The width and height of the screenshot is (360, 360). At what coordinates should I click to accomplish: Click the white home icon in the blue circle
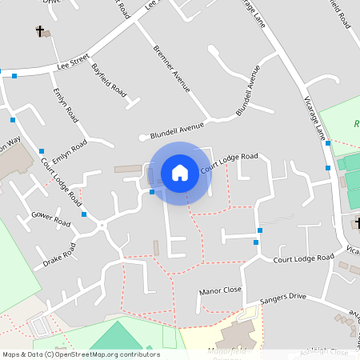180,172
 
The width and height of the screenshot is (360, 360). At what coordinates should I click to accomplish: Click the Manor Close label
220,291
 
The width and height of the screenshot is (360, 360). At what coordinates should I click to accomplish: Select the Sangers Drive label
286,297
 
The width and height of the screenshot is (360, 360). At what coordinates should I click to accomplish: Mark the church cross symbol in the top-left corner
39,31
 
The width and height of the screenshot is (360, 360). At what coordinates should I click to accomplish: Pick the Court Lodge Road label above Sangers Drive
302,258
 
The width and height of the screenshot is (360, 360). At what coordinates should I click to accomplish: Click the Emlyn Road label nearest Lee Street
65,104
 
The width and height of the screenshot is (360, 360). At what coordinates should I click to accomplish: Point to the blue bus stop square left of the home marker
152,191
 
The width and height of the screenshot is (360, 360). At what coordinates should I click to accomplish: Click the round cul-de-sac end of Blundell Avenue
142,138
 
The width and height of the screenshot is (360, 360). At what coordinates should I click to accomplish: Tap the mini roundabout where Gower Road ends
102,226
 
